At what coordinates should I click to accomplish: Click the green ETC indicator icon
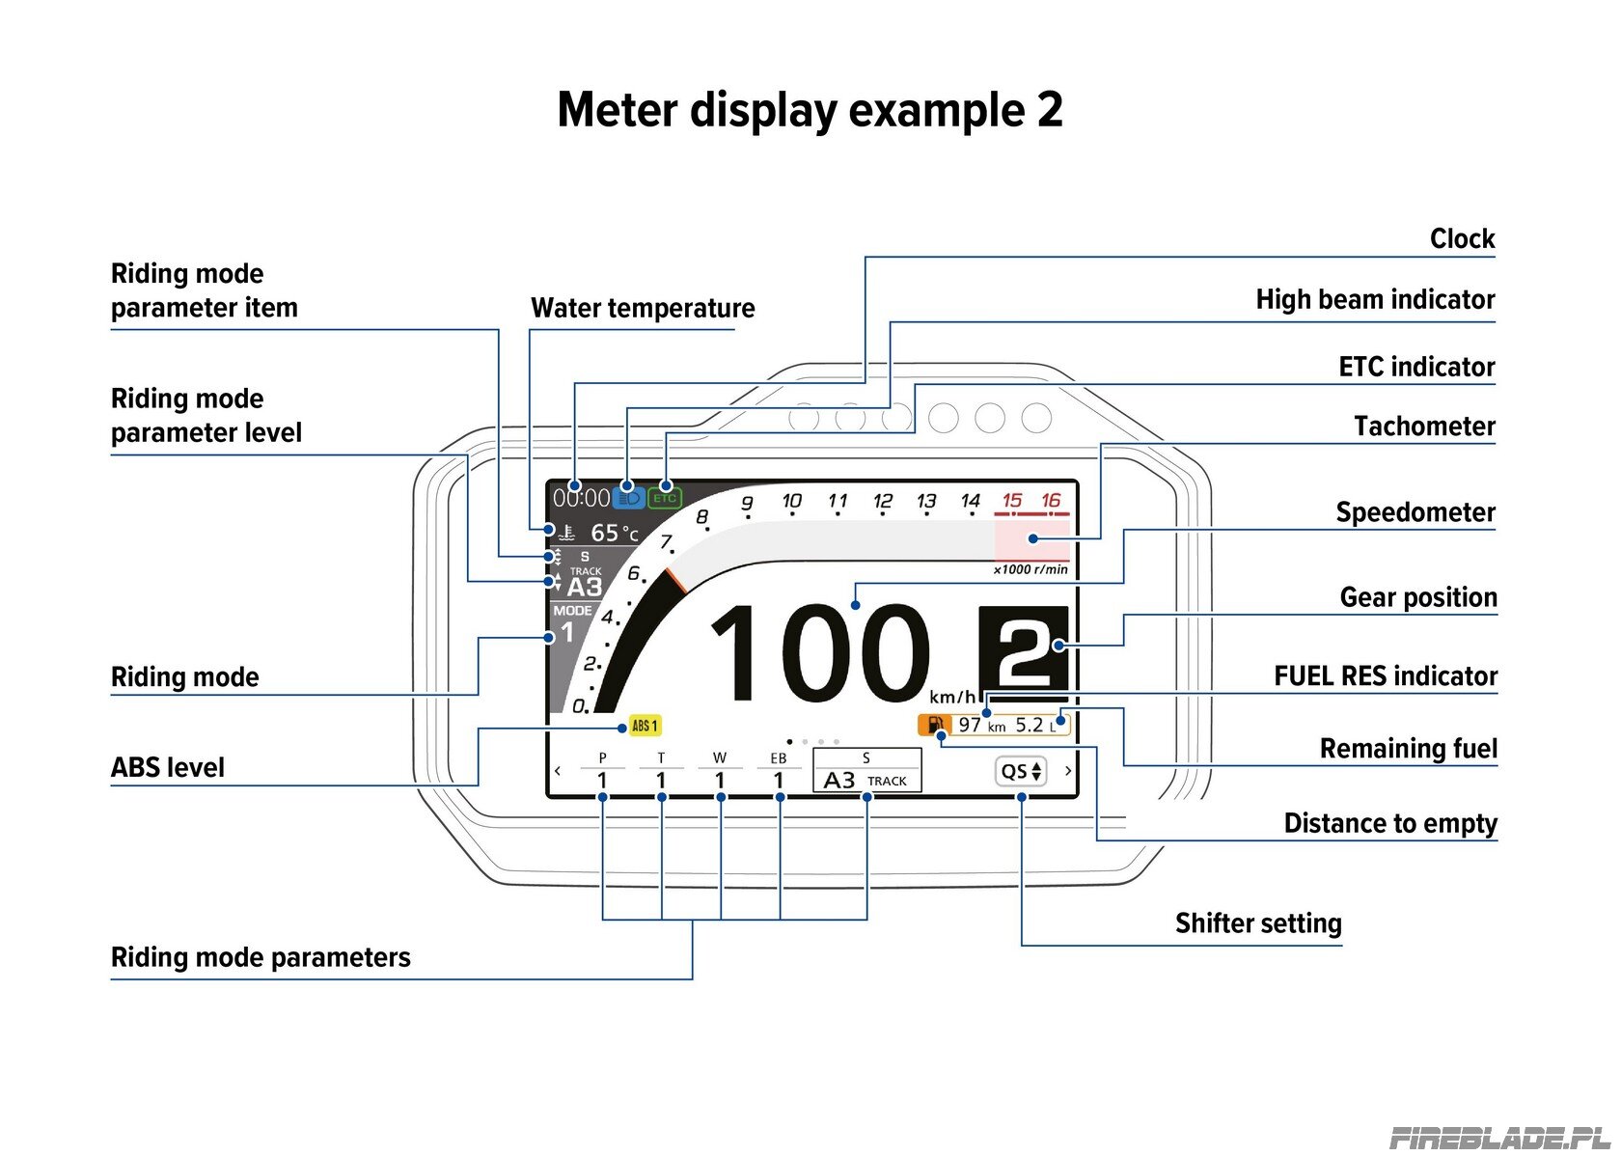[664, 498]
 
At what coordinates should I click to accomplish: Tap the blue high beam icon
[628, 498]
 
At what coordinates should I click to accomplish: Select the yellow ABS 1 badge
[645, 726]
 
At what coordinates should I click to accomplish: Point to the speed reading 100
[820, 654]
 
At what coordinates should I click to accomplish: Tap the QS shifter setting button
[1021, 771]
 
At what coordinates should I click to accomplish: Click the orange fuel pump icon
[934, 725]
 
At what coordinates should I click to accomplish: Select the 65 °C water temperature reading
[615, 534]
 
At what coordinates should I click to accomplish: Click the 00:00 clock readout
[581, 498]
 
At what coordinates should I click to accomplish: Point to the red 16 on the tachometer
[1051, 500]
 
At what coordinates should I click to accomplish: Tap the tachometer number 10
[791, 501]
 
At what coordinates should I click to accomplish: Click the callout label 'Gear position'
[1418, 597]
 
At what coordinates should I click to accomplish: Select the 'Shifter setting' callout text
[1258, 923]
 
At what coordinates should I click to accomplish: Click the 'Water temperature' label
[643, 309]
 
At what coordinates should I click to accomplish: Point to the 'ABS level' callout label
[167, 767]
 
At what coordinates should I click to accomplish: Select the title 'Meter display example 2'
[810, 110]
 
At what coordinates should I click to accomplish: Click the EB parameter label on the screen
[779, 757]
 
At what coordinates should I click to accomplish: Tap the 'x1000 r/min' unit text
[1030, 569]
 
